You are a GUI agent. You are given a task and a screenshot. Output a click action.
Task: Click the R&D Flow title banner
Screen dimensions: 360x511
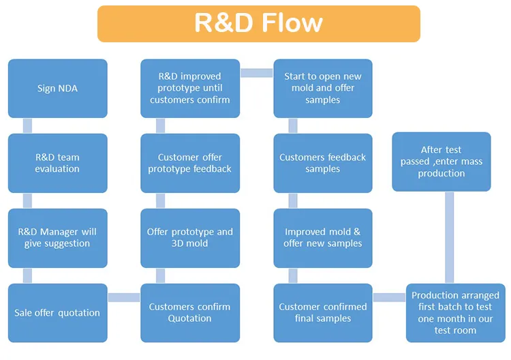pos(258,24)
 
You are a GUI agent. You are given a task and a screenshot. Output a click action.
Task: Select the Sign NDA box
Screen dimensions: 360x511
pos(57,89)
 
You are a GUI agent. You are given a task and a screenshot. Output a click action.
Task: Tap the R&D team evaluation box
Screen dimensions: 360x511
pos(57,163)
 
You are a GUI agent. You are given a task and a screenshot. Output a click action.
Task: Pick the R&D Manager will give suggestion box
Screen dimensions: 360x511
pos(57,238)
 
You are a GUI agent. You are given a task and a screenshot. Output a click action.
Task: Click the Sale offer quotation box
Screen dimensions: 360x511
pos(57,313)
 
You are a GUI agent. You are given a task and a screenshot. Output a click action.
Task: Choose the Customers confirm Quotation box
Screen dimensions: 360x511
pos(189,313)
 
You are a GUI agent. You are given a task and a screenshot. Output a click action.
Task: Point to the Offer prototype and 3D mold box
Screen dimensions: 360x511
pos(189,238)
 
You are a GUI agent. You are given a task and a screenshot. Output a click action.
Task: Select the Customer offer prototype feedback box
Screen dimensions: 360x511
pos(189,163)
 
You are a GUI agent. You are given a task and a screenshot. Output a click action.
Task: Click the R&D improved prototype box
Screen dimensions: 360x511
pos(189,89)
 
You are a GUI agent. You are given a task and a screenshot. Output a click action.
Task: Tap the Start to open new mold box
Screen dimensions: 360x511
pos(323,89)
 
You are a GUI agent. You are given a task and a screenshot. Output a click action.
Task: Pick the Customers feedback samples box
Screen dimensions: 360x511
pos(323,163)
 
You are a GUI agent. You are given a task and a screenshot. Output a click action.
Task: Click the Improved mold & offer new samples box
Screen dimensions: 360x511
pos(323,238)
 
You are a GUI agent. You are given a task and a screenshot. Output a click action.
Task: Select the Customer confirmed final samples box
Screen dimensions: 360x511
pos(323,313)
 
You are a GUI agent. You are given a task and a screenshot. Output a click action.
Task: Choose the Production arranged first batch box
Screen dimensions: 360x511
pos(455,313)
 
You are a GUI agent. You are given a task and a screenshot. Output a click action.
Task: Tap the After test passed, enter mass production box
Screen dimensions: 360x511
pos(442,162)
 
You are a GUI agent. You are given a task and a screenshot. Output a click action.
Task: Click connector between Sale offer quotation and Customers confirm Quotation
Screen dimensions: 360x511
pos(124,297)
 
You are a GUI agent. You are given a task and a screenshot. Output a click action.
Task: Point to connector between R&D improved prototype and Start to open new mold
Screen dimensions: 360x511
pos(256,73)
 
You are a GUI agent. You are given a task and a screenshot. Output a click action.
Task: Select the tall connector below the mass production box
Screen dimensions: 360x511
pos(449,237)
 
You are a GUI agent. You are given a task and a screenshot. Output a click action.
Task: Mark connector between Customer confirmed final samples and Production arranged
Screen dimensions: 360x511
pos(389,297)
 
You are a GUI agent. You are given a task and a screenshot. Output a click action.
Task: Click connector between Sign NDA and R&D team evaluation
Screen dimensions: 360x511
pos(27,125)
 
